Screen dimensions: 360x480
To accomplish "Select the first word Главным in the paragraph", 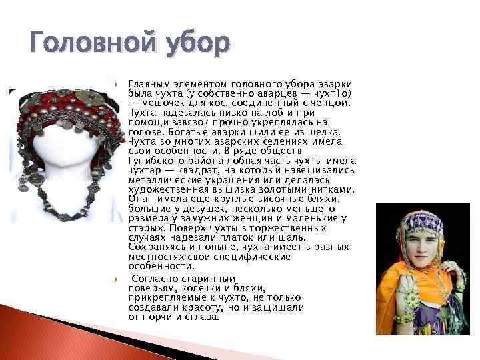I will click(146, 85).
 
